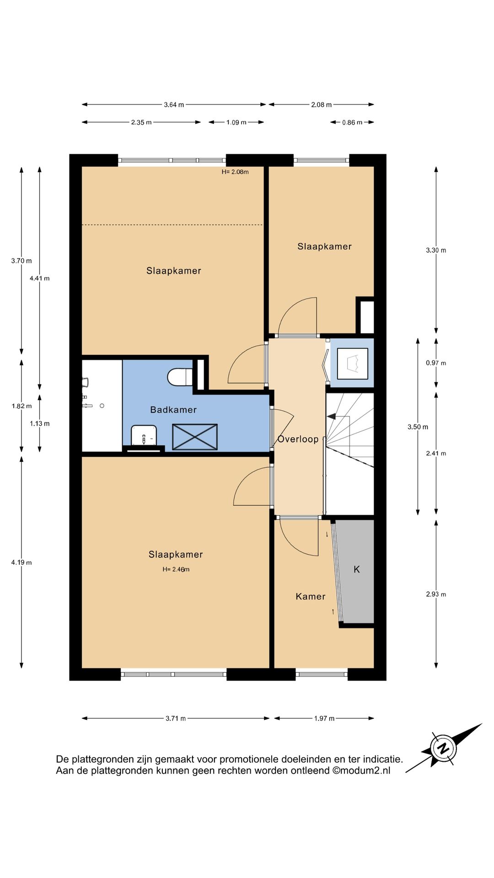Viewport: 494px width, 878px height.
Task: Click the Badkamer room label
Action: (173, 410)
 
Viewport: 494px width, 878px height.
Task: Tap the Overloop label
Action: (298, 439)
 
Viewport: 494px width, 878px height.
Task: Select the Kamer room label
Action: (311, 596)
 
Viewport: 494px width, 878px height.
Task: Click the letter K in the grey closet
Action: (357, 569)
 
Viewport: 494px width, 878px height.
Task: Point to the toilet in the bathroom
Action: (180, 377)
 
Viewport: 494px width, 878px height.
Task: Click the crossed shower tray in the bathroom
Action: (195, 437)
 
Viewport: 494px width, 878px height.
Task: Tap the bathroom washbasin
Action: (144, 435)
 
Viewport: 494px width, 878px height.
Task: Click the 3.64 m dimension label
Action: (174, 105)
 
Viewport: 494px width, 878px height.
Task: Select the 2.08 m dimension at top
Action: (322, 105)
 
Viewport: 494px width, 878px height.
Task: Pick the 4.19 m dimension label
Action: (21, 562)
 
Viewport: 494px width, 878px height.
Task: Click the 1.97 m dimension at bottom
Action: (324, 718)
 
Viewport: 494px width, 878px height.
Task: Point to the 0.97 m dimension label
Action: (436, 363)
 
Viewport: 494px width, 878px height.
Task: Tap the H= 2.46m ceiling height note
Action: (176, 569)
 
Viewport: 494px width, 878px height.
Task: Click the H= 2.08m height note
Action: (235, 172)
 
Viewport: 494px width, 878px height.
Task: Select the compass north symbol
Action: (443, 749)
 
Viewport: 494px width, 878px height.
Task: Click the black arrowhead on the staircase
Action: (331, 417)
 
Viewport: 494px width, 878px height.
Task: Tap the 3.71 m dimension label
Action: (176, 718)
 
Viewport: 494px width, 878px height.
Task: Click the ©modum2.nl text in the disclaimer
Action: (361, 771)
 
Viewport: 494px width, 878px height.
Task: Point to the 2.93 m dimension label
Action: (436, 594)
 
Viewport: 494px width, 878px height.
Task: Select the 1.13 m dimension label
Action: (40, 423)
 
